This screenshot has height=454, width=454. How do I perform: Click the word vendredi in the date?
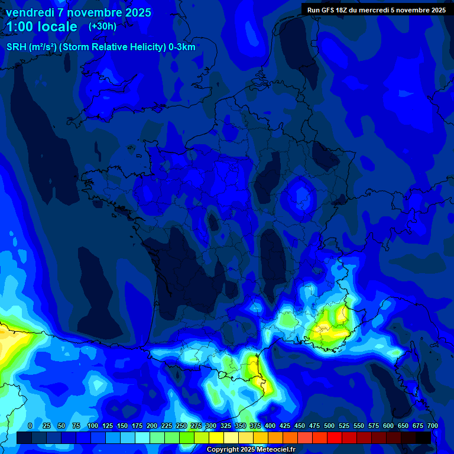29,12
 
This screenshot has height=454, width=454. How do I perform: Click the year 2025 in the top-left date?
134,12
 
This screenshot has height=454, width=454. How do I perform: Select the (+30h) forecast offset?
102,27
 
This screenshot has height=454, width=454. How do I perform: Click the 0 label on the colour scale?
30,426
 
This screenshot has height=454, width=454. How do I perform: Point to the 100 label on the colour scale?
93,426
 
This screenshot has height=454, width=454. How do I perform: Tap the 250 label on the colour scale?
181,426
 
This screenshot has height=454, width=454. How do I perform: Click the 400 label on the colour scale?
270,426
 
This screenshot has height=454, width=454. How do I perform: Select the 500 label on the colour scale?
329,426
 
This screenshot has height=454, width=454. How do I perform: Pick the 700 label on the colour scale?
432,426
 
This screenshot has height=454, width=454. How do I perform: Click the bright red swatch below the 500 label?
335,437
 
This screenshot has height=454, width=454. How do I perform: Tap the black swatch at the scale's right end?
423,437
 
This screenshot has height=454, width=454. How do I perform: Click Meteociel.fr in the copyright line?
276,450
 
